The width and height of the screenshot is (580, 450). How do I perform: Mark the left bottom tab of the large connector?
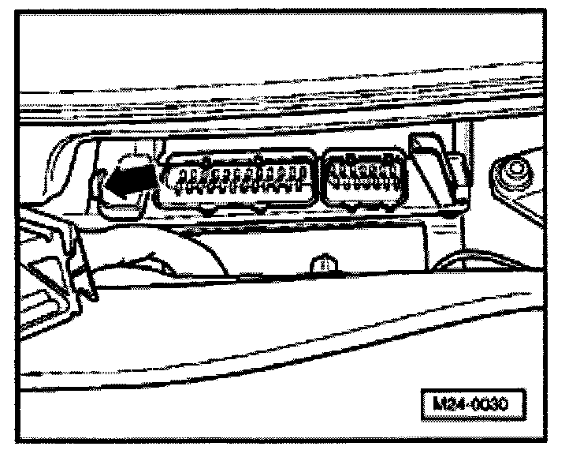206,210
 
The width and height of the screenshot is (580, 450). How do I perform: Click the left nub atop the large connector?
204,159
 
